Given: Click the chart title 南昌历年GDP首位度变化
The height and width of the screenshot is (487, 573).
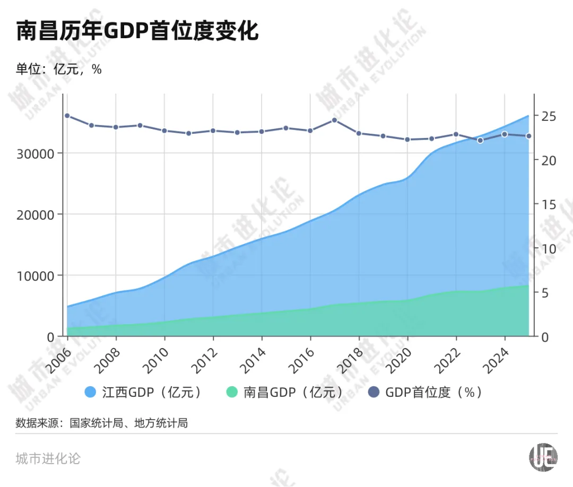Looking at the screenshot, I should click(x=137, y=31).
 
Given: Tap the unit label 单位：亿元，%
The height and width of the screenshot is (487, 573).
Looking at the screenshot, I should click(x=58, y=69).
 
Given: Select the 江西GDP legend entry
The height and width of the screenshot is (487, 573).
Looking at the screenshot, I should click(x=143, y=392).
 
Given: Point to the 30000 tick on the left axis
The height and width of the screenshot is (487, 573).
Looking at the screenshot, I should click(x=37, y=154).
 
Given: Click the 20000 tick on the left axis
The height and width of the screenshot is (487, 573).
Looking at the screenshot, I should click(x=37, y=215).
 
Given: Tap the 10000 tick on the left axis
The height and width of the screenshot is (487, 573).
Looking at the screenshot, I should click(x=37, y=276).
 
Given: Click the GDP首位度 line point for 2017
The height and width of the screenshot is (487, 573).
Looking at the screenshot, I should click(x=334, y=120).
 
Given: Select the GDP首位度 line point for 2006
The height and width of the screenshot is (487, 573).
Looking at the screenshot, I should click(x=67, y=116).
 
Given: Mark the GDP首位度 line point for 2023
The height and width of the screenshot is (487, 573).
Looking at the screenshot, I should click(x=480, y=141).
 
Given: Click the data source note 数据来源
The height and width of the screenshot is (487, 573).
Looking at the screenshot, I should click(x=101, y=423).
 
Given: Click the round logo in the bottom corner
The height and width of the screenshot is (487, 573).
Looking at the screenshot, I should click(x=543, y=456).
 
